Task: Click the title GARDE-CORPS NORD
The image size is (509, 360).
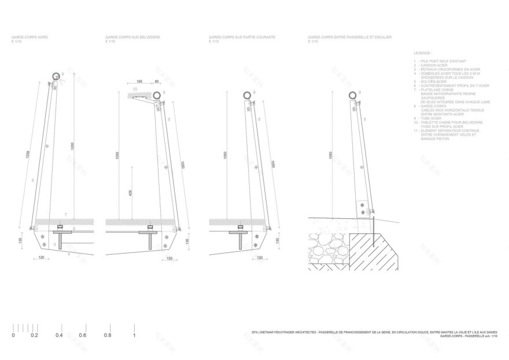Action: tap(29, 37)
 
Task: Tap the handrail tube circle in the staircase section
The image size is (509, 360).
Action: tap(352, 94)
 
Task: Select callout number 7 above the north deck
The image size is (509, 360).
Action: tap(66, 215)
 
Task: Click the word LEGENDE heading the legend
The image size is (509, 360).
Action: tap(423, 52)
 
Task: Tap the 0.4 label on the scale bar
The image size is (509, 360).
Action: tap(59, 335)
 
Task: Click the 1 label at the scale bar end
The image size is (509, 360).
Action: tap(134, 335)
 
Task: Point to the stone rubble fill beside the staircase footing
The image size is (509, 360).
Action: tap(327, 250)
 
